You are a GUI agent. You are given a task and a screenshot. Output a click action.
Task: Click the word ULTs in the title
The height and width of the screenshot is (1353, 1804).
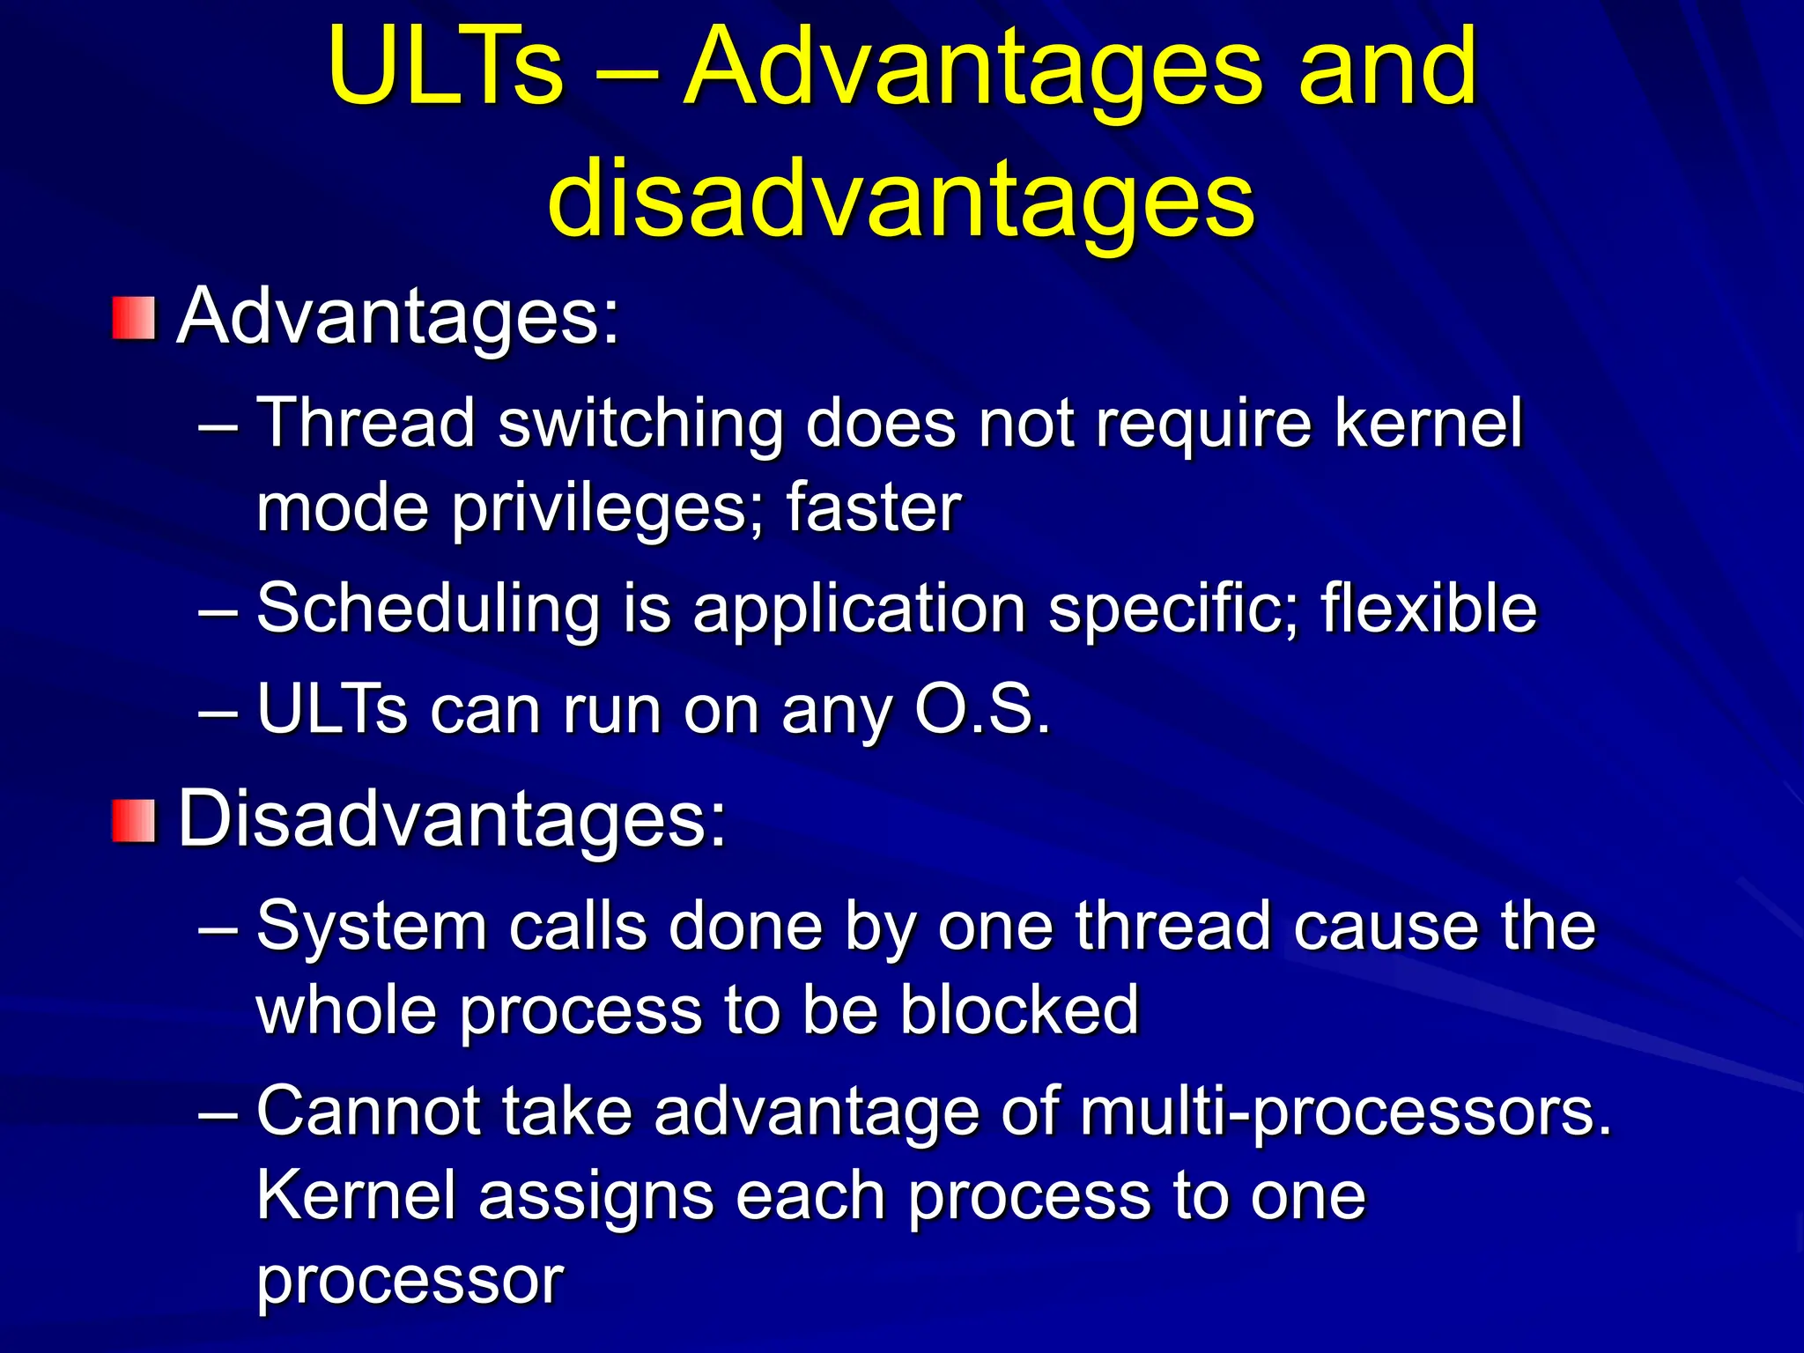point(445,68)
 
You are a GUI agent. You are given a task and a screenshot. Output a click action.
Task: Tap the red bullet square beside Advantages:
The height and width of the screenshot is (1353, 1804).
point(134,318)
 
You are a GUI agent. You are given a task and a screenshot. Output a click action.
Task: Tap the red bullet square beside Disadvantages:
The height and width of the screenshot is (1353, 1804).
point(134,821)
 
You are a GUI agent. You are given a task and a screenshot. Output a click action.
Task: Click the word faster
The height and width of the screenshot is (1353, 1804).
point(873,508)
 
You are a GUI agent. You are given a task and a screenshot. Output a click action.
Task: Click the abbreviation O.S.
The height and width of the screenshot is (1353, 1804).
point(982,709)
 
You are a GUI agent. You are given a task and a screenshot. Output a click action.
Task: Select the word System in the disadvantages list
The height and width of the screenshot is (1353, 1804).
point(371,928)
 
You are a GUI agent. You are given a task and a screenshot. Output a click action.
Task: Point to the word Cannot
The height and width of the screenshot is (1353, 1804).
point(368,1112)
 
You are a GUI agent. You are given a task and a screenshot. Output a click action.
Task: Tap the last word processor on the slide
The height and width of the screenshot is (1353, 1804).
point(410,1282)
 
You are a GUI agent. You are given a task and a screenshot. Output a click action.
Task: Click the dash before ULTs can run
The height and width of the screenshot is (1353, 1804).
point(218,710)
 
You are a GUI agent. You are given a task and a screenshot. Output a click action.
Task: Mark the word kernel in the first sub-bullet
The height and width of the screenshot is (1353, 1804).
point(1428,425)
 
